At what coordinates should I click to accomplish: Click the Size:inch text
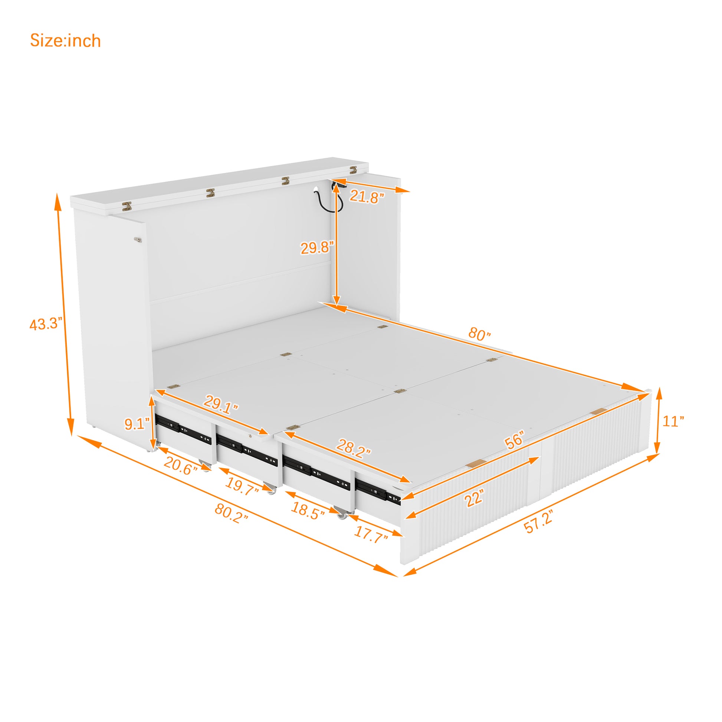pos(65,40)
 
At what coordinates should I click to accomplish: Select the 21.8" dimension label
pos(367,197)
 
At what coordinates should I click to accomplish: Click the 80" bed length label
pos(479,334)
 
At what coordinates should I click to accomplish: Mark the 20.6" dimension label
pos(180,466)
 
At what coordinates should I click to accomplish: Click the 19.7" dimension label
pos(242,487)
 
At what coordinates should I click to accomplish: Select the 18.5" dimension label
pos(308,511)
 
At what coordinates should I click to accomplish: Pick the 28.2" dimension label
pos(354,448)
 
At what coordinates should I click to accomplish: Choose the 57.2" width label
pos(538,522)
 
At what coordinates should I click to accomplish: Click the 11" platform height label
pos(673,421)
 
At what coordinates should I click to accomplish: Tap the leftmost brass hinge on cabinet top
pos(127,205)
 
